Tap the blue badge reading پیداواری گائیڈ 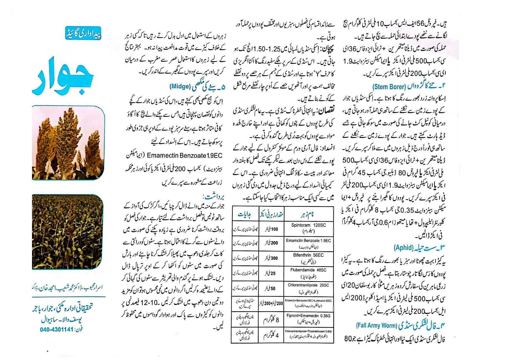(x=83, y=33)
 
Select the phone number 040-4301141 (x=57, y=329)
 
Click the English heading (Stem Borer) (x=390, y=87)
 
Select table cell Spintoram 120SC (x=308, y=228)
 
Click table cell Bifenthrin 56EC (x=308, y=258)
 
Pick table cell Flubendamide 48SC (x=308, y=273)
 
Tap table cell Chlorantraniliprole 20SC (x=308, y=288)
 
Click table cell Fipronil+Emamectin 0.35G (x=308, y=318)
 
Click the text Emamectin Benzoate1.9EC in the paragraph (x=185, y=156)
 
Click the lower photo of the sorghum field (x=67, y=232)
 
